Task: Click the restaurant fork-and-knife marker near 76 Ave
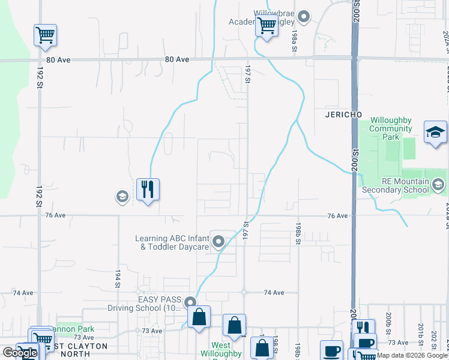(x=148, y=190)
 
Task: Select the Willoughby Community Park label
(x=390, y=128)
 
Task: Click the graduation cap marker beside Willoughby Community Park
(x=435, y=131)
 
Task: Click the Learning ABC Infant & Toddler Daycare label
(x=172, y=242)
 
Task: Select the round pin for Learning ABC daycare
(x=218, y=242)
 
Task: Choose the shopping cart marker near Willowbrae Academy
(x=266, y=26)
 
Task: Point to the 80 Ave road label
(x=177, y=60)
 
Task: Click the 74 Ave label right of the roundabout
(x=273, y=292)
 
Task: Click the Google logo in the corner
(x=20, y=353)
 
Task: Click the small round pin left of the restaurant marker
(x=122, y=196)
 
